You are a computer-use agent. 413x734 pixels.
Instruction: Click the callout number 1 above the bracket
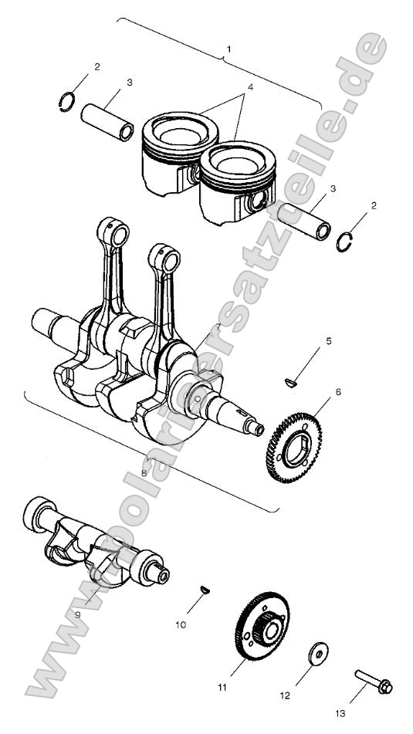click(x=228, y=49)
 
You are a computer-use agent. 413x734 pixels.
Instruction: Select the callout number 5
click(x=328, y=340)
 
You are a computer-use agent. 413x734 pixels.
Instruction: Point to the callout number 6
click(x=337, y=392)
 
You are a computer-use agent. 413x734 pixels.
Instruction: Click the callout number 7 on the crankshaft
click(x=218, y=327)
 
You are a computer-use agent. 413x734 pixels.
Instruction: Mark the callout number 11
click(x=222, y=686)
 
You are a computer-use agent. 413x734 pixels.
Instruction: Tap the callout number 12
click(x=284, y=695)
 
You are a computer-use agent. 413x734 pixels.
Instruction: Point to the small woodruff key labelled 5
click(x=290, y=380)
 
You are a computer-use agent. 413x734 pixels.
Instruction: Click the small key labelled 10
click(x=205, y=590)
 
